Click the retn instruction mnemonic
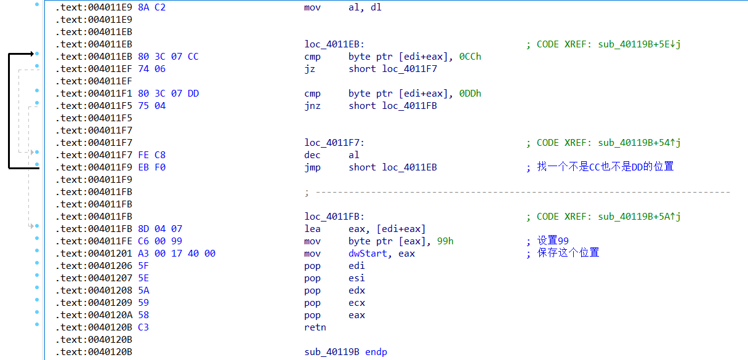[x=315, y=327]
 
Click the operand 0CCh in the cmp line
[x=470, y=57]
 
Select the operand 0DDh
[x=470, y=94]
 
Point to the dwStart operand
[x=369, y=254]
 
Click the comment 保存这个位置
[x=568, y=254]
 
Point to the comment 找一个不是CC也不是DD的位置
[x=605, y=167]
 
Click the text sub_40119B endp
[x=345, y=352]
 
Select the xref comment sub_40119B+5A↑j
[x=639, y=217]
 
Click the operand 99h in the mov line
[x=445, y=241]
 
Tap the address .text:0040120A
[x=92, y=315]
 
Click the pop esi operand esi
[x=356, y=278]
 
